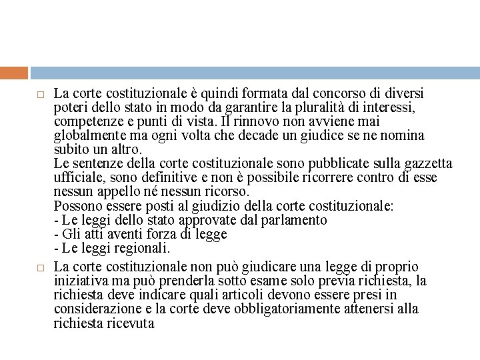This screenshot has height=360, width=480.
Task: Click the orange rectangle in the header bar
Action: (14, 73)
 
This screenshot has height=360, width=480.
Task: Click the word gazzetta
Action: (427, 164)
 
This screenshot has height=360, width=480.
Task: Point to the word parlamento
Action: (293, 220)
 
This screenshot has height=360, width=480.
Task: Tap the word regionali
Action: (142, 248)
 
